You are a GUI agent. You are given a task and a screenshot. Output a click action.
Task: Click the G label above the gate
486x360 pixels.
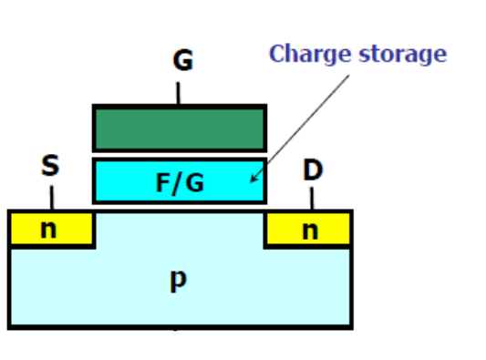(182, 61)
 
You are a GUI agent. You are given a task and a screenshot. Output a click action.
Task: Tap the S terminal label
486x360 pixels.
(50, 166)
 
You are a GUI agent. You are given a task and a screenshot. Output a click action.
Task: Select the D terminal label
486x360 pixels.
(313, 170)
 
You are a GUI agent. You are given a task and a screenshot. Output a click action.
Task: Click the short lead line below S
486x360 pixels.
(51, 196)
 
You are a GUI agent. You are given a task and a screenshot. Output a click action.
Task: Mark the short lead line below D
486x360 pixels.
(312, 198)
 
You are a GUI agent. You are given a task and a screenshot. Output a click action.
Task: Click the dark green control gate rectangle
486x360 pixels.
(180, 128)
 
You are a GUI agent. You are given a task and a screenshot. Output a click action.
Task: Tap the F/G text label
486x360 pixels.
(180, 182)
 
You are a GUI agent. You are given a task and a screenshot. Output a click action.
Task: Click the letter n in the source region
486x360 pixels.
(47, 230)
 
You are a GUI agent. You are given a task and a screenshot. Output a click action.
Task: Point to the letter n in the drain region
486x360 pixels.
(311, 230)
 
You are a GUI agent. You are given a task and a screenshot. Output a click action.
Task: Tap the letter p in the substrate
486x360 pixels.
(179, 280)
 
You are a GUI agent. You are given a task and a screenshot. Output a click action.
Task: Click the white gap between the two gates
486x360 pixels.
(180, 154)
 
